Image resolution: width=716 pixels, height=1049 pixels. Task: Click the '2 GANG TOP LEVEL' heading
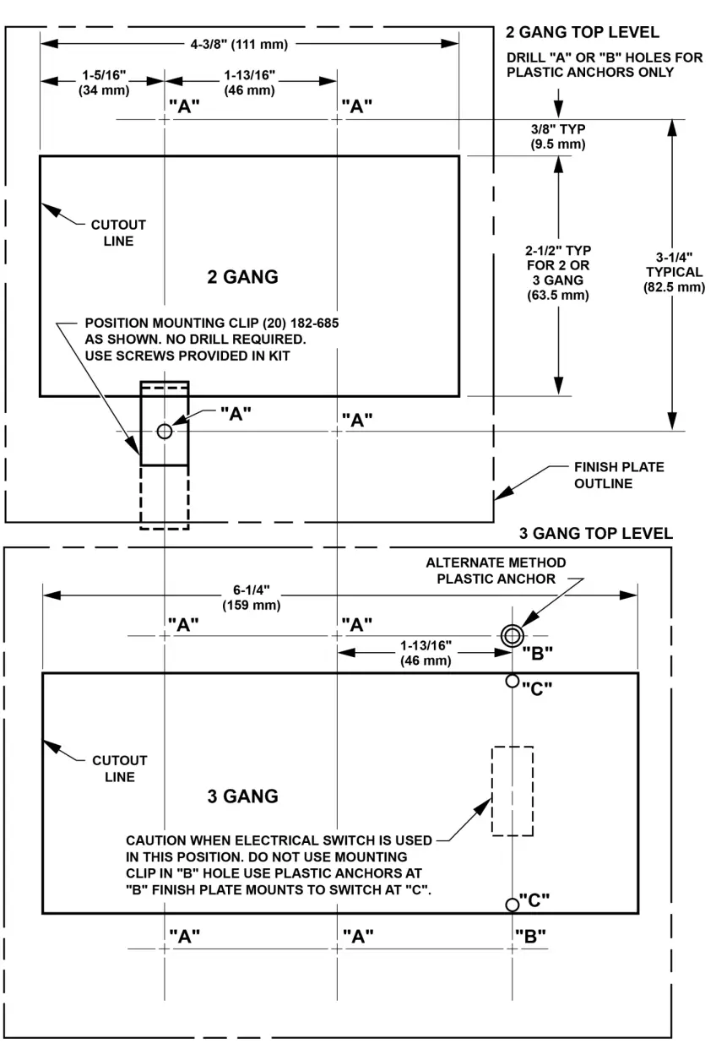pyautogui.click(x=582, y=33)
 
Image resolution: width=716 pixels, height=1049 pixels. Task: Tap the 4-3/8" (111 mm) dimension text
pyautogui.click(x=249, y=43)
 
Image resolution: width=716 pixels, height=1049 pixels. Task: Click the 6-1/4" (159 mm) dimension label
pyautogui.click(x=252, y=598)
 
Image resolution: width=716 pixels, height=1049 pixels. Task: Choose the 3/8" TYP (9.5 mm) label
pyautogui.click(x=558, y=136)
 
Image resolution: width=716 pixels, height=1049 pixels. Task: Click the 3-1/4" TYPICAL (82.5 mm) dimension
pyautogui.click(x=674, y=272)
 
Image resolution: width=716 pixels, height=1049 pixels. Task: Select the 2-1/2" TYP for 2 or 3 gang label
pyautogui.click(x=558, y=273)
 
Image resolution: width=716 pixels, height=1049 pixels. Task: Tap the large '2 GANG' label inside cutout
pyautogui.click(x=243, y=277)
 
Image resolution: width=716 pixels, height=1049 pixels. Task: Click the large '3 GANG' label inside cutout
pyautogui.click(x=243, y=796)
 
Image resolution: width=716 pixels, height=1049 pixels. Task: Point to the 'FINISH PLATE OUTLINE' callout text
pyautogui.click(x=619, y=475)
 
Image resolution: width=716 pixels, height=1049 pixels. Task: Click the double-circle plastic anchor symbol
pyautogui.click(x=511, y=636)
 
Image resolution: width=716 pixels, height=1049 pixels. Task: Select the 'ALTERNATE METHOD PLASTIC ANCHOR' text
pyautogui.click(x=496, y=570)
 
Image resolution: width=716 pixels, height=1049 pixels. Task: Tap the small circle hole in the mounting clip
pyautogui.click(x=164, y=431)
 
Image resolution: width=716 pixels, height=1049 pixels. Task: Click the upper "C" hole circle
pyautogui.click(x=512, y=681)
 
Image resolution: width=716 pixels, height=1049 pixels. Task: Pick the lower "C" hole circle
pyautogui.click(x=512, y=905)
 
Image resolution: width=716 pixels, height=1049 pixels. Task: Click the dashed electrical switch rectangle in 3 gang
pyautogui.click(x=513, y=791)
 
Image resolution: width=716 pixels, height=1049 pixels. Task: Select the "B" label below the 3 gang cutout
pyautogui.click(x=530, y=935)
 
